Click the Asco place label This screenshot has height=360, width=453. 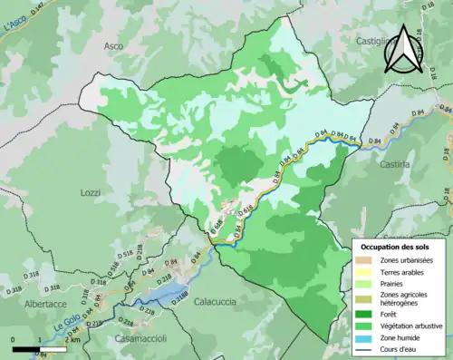pyautogui.click(x=113, y=45)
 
